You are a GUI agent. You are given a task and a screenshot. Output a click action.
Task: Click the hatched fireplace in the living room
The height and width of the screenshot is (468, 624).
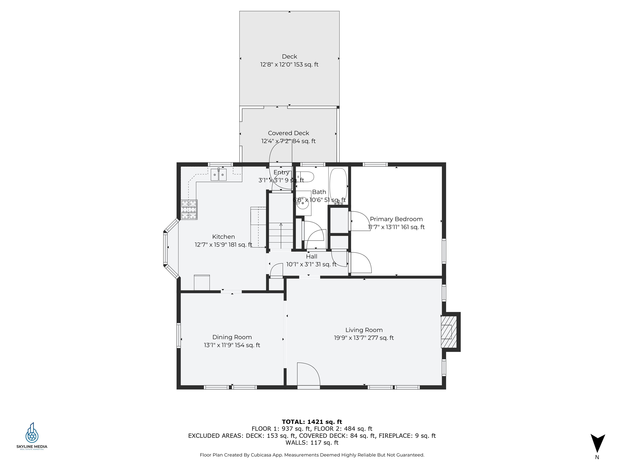448,332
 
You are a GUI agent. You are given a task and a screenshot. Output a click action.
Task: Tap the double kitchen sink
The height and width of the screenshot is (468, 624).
219,175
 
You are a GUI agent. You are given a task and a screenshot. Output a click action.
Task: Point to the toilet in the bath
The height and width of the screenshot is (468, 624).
305,177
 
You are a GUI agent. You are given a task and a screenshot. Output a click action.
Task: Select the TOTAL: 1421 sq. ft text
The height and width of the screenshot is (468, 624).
312,422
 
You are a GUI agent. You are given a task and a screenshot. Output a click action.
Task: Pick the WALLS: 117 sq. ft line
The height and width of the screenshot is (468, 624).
312,443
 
